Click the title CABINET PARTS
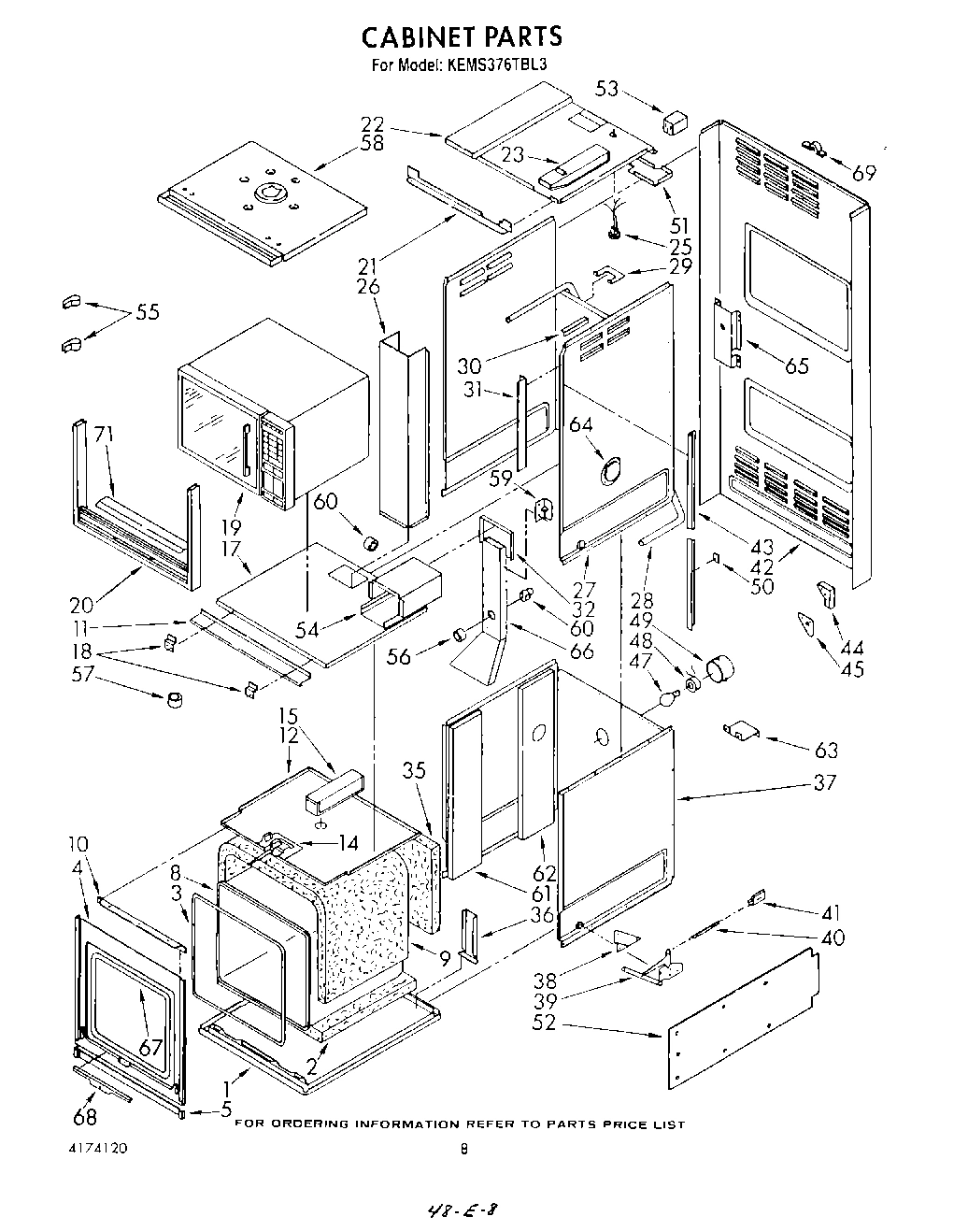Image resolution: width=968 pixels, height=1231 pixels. (462, 36)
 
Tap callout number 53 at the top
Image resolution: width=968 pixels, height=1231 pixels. (607, 89)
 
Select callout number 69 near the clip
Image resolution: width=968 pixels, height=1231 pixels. (864, 172)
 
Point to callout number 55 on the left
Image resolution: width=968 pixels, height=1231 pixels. (148, 312)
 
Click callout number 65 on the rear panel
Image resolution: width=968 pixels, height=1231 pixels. (796, 365)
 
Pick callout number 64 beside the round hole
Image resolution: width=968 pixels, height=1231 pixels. (581, 424)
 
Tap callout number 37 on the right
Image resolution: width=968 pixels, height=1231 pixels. (824, 782)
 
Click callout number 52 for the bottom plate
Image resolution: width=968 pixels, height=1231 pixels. (545, 1023)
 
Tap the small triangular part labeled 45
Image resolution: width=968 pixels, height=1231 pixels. (806, 624)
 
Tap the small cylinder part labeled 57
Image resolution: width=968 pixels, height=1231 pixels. (174, 700)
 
